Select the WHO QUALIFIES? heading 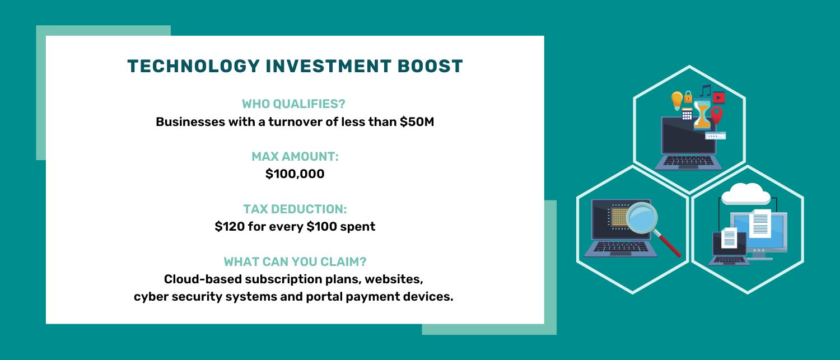pyautogui.click(x=293, y=104)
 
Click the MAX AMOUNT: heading pyautogui.click(x=295, y=157)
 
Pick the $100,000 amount pyautogui.click(x=295, y=174)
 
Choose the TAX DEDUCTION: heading pyautogui.click(x=295, y=209)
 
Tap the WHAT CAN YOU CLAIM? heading pyautogui.click(x=295, y=261)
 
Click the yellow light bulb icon pyautogui.click(x=677, y=100)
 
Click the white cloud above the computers pyautogui.click(x=745, y=194)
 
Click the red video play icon pyautogui.click(x=719, y=98)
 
